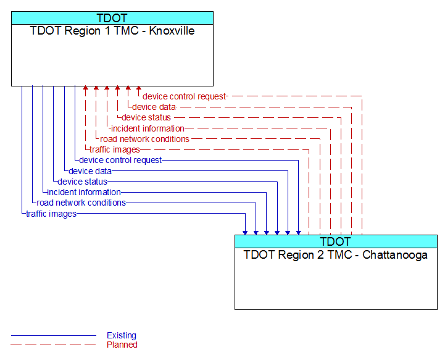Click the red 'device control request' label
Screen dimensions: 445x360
pyautogui.click(x=184, y=96)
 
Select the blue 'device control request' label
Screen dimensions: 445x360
pyautogui.click(x=120, y=160)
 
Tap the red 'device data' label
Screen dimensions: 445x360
pyautogui.click(x=154, y=107)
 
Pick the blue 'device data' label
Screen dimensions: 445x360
pyautogui.click(x=90, y=171)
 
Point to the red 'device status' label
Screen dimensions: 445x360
pyautogui.click(x=146, y=117)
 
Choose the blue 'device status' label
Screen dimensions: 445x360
pyautogui.click(x=82, y=182)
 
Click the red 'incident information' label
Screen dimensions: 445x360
pyautogui.click(x=148, y=128)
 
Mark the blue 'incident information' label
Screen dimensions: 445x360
pyautogui.click(x=84, y=192)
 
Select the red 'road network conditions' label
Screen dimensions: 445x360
pyautogui.click(x=144, y=139)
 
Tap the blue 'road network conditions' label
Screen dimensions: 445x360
pyautogui.click(x=81, y=203)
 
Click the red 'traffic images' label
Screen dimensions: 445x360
pyautogui.click(x=115, y=149)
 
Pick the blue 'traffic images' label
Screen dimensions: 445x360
pyautogui.click(x=51, y=214)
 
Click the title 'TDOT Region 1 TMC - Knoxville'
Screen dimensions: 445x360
pyautogui.click(x=112, y=31)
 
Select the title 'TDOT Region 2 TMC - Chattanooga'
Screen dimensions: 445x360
pyautogui.click(x=336, y=254)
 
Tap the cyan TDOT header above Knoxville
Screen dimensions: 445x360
pyautogui.click(x=112, y=18)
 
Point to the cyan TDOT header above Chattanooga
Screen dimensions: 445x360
pyautogui.click(x=336, y=241)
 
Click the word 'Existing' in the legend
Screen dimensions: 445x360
pyautogui.click(x=122, y=335)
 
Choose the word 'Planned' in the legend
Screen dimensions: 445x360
pyautogui.click(x=122, y=345)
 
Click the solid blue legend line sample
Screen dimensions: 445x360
pyautogui.click(x=54, y=335)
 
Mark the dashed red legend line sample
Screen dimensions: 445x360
pyautogui.click(x=54, y=345)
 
